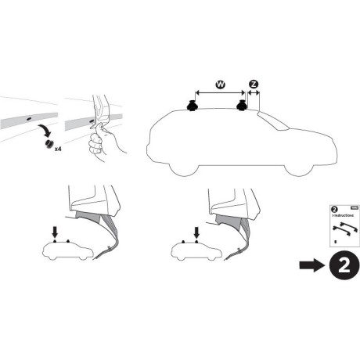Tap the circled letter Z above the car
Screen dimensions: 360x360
(x=253, y=85)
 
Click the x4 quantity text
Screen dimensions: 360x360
(x=59, y=147)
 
